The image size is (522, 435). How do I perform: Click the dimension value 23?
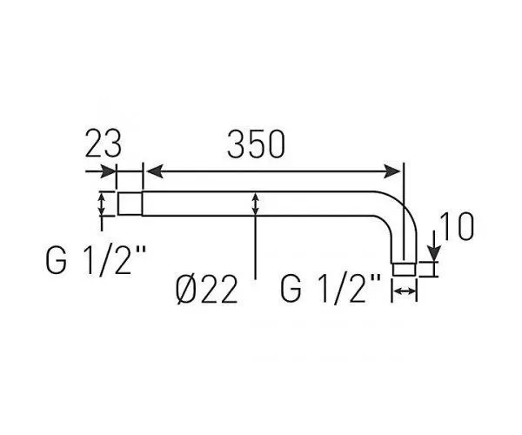pos(104,144)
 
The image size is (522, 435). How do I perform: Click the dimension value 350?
pos(256,144)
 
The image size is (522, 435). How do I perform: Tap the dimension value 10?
pos(457,226)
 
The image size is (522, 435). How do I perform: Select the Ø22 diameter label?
pos(206,290)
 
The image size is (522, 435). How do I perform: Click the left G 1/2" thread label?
pos(96,261)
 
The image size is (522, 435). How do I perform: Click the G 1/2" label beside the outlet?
pos(331,289)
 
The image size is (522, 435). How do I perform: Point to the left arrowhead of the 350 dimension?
pos(155,171)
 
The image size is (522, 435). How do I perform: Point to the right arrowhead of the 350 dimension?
pos(391,171)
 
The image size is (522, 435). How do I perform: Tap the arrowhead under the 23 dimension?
pos(109,171)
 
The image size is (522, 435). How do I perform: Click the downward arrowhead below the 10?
pos(434,253)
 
